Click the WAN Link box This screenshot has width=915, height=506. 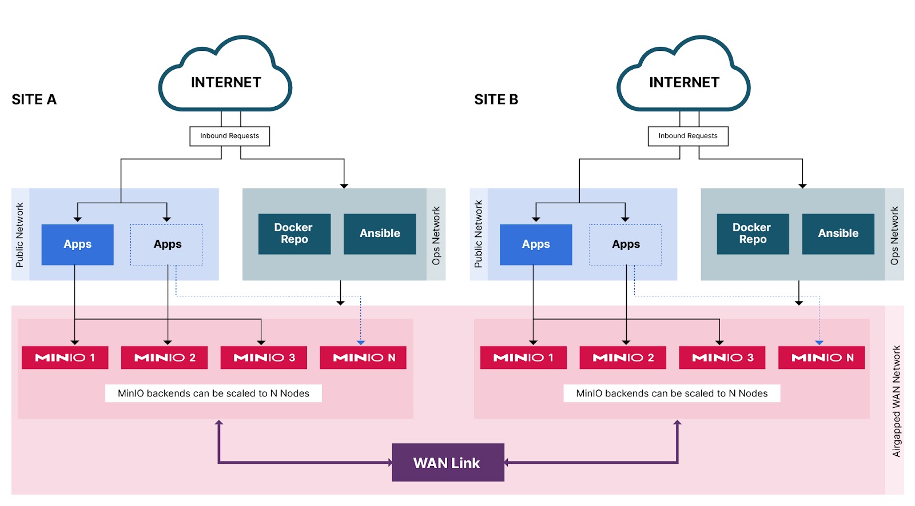[448, 463]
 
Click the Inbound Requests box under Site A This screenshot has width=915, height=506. [229, 136]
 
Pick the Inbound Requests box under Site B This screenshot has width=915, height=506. [688, 136]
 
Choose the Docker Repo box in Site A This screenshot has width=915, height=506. [294, 234]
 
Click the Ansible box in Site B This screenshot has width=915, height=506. [838, 234]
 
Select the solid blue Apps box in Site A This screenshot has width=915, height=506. [77, 244]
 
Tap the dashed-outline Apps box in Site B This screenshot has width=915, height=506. [625, 244]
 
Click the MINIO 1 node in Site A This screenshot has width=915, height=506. [65, 358]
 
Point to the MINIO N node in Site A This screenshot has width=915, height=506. [363, 358]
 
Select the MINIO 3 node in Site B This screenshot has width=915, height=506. [722, 358]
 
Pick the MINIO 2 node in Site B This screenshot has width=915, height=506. [623, 358]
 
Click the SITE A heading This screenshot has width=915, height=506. [34, 99]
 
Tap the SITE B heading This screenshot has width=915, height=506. [496, 99]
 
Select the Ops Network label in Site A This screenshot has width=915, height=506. [436, 235]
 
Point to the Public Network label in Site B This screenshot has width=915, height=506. [479, 234]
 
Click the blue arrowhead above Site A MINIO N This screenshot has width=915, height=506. [361, 343]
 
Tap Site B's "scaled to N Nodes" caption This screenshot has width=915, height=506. [671, 393]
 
